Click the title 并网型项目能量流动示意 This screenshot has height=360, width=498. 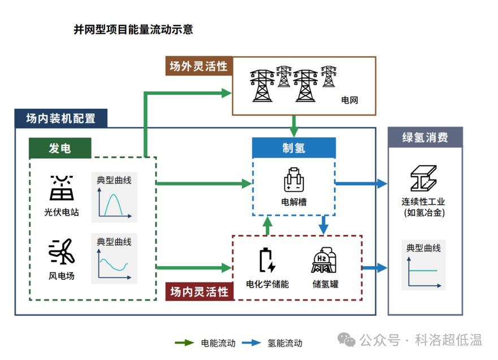(133, 29)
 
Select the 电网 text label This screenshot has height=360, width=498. (349, 100)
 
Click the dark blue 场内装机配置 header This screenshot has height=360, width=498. (60, 118)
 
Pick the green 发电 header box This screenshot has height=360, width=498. (60, 148)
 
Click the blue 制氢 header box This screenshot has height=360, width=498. (294, 148)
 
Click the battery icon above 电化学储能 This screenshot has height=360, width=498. (267, 261)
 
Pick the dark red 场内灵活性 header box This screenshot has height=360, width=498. (199, 292)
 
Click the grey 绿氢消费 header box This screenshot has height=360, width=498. (425, 137)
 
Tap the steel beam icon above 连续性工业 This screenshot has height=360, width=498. (424, 179)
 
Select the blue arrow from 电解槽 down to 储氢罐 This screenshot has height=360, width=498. (323, 224)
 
